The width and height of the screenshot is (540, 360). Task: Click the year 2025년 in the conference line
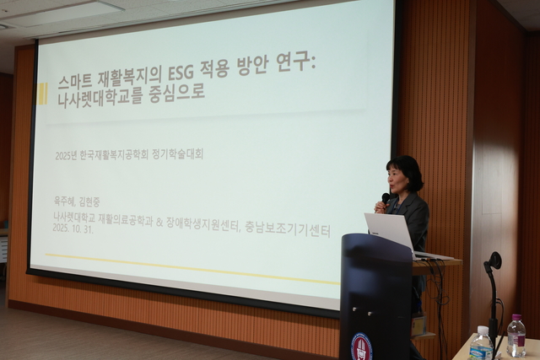pyautogui.click(x=67, y=155)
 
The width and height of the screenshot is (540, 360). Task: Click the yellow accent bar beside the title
pyautogui.click(x=41, y=93)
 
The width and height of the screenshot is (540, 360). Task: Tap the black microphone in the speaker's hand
pyautogui.click(x=385, y=200)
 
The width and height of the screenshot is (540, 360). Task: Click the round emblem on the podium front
pyautogui.click(x=360, y=346)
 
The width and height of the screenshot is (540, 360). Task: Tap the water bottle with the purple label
pyautogui.click(x=516, y=336)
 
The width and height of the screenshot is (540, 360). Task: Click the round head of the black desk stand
pyautogui.click(x=494, y=261)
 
